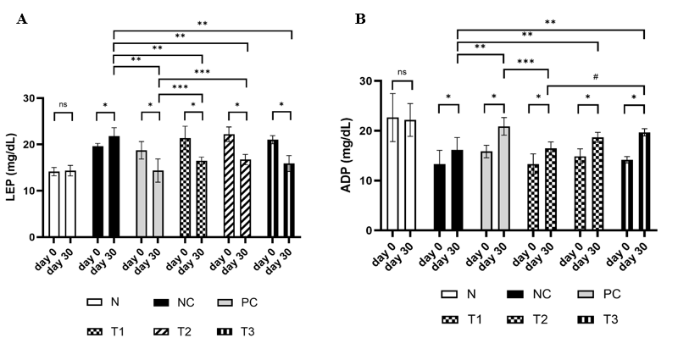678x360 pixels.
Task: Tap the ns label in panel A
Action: (x=63, y=104)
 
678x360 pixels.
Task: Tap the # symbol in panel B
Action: (x=596, y=77)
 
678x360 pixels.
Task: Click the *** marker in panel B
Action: (x=525, y=61)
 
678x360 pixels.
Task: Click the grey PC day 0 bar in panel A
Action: (x=142, y=191)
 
